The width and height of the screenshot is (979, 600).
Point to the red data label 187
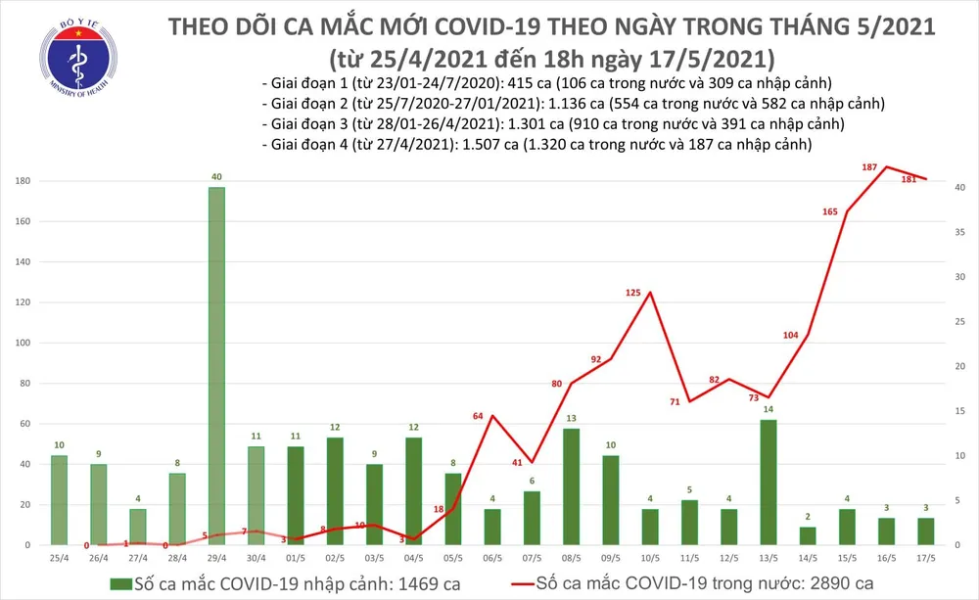tap(868, 168)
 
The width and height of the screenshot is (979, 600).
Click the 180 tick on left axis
tap(22, 181)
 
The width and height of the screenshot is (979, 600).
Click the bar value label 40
tap(216, 177)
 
